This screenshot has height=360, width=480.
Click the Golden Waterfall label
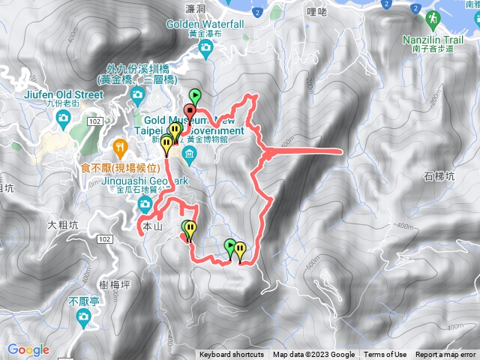[x=206, y=24]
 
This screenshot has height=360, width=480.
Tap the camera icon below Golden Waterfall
[x=206, y=49]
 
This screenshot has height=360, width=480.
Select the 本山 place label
[x=151, y=225]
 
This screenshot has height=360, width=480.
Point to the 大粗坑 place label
[x=61, y=223]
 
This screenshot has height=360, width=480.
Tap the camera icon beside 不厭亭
[x=82, y=319]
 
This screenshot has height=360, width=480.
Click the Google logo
[x=28, y=349]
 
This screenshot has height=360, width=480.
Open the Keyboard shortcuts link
[x=232, y=355]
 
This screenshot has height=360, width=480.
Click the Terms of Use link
[x=385, y=355]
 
